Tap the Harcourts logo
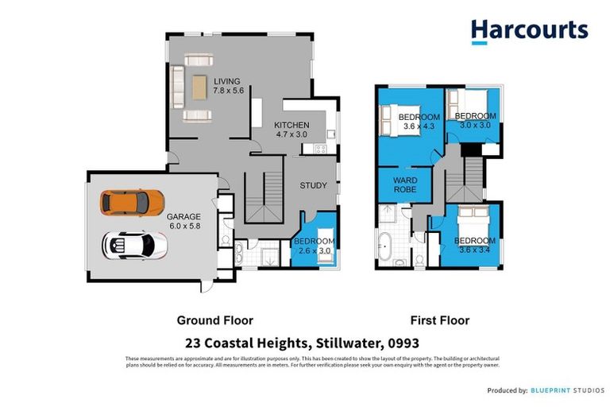coord(529,31)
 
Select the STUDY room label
coord(313,186)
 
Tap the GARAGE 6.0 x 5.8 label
coord(183,221)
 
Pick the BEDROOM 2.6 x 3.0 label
coord(315,246)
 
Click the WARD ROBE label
coord(405,185)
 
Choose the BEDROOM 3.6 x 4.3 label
coord(419,122)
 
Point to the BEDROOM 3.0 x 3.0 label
coord(475,120)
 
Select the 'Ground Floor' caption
coord(214,320)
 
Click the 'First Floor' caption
coord(439,320)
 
